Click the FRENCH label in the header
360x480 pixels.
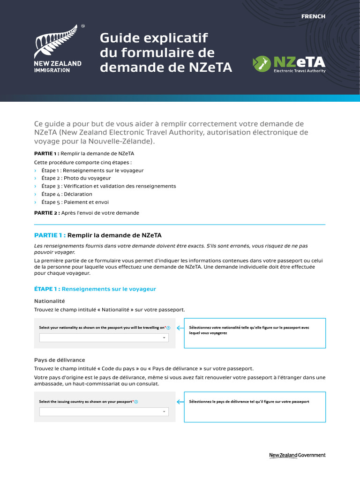coord(313,16)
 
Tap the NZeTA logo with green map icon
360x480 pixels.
coord(289,65)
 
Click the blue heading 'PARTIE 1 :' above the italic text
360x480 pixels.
coord(50,235)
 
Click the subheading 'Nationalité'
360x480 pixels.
coord(50,301)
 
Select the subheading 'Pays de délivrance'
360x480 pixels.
coord(60,360)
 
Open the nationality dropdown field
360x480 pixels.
coord(104,337)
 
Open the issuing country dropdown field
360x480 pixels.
coord(104,412)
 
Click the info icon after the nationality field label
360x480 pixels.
coord(168,328)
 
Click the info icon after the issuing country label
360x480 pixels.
coord(136,402)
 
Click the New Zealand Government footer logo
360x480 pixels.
coord(297,455)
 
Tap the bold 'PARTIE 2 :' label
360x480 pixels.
coord(47,213)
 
